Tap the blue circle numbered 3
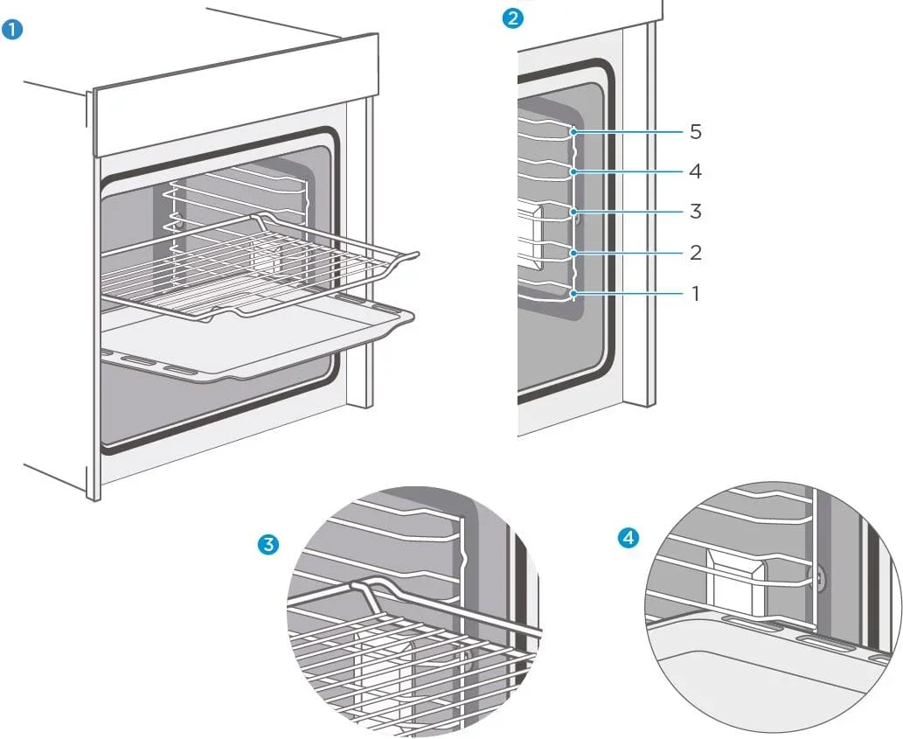270,544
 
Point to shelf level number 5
695,132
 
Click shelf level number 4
695,171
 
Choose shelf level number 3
695,212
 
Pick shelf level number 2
695,253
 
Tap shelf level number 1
695,294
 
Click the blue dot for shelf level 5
574,132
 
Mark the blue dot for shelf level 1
574,294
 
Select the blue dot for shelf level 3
574,212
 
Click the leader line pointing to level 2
629,253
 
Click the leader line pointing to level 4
629,171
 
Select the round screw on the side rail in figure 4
816,577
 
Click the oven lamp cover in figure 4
736,579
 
